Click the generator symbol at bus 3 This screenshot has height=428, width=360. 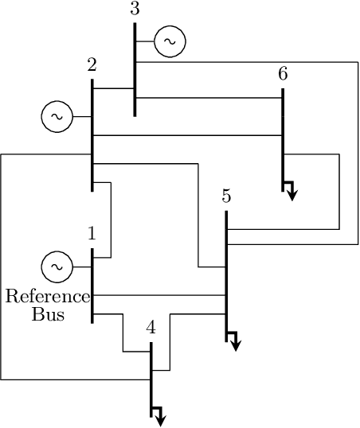click(170, 41)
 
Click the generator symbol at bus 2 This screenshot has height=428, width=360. click(57, 117)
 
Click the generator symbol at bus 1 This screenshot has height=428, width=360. click(57, 267)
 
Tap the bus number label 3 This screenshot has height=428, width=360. click(134, 10)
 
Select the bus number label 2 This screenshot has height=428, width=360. click(92, 64)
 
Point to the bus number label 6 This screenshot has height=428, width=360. click(283, 74)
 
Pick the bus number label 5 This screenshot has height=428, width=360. click(226, 196)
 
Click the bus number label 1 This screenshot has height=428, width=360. click(92, 234)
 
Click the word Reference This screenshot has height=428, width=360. click(48, 297)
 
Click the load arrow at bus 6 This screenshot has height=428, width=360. click(291, 191)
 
